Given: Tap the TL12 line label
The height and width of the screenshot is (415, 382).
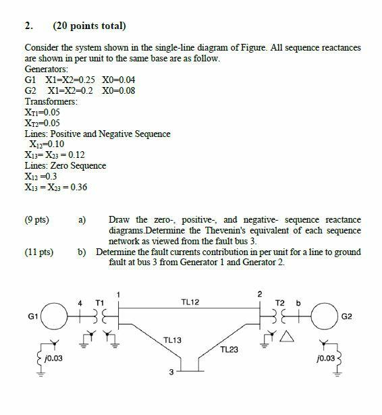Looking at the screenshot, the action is [190, 303].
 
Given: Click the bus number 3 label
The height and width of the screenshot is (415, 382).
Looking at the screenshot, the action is [171, 372].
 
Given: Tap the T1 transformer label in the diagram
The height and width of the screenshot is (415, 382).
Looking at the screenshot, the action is [100, 302].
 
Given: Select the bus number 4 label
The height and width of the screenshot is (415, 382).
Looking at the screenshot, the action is [81, 302].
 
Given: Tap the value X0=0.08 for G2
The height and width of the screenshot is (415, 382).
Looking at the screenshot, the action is [119, 91].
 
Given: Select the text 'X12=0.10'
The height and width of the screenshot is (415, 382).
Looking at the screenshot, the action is [47, 144].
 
